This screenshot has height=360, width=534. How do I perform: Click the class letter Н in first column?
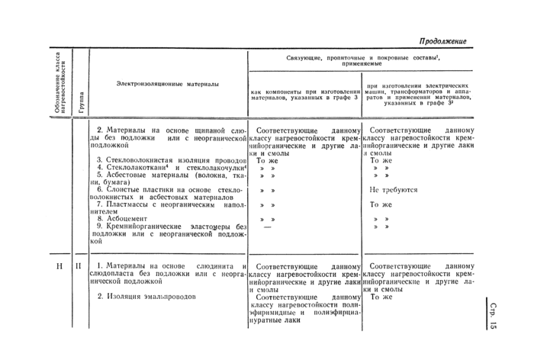click(x=60, y=267)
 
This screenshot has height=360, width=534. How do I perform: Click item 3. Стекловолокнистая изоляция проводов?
click(x=168, y=160)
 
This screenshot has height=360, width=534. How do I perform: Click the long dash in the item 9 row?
click(x=267, y=227)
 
